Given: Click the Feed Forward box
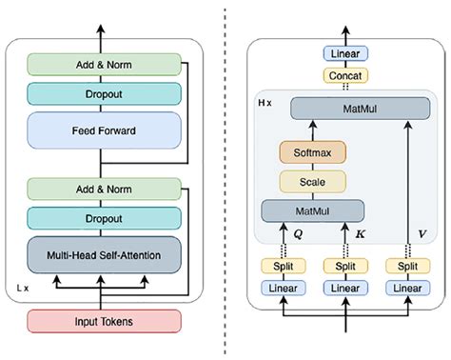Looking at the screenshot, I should pos(103,129).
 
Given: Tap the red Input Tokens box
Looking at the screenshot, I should pos(103,322).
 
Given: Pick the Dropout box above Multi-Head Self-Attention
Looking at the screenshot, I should pos(103,217).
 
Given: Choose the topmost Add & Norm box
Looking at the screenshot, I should pos(103,64).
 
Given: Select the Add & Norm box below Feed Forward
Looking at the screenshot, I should pos(103,189).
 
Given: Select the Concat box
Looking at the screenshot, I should pos(346,74).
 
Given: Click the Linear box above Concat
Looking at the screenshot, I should pos(346,53).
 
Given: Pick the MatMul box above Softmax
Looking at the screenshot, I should pos(352,110).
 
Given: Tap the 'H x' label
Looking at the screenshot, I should pos(265,100).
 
